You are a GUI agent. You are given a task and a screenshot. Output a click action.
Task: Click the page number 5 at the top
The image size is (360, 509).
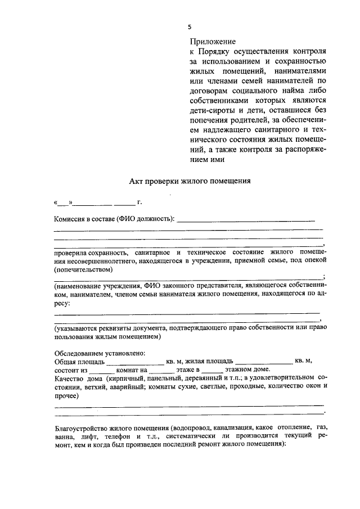pyautogui.click(x=190, y=26)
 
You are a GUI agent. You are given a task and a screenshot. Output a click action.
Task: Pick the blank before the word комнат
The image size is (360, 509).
pyautogui.click(x=102, y=371)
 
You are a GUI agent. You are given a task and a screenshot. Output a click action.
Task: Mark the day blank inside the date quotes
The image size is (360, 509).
pyautogui.click(x=63, y=202)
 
